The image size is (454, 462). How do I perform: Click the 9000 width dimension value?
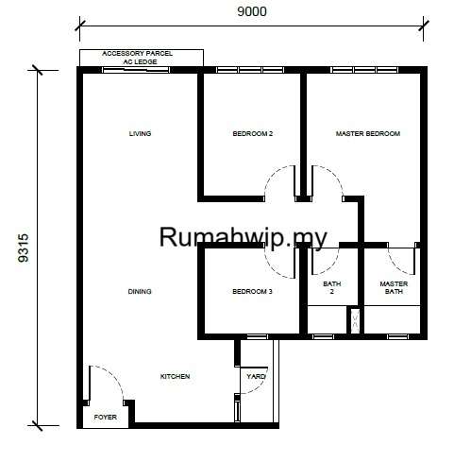coord(252,11)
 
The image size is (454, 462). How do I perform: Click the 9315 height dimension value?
coord(24,248)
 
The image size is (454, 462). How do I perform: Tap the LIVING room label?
coord(140,133)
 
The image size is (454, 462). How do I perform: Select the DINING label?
coord(140,291)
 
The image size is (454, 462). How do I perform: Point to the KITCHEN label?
coord(175,376)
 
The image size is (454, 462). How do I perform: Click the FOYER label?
coord(106,417)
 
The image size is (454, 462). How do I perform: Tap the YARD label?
coord(256,376)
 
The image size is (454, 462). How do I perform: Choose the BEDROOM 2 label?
coord(253,133)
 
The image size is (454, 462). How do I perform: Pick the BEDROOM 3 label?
coord(252,291)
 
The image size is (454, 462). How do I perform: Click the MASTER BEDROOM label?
coord(368,133)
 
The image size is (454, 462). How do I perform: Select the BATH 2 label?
coord(332,287)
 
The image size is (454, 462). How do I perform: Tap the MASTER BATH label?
coord(394,287)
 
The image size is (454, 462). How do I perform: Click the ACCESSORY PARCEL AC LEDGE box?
coord(142,58)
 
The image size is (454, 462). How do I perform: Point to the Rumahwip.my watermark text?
coord(244,237)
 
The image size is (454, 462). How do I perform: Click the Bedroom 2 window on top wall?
coord(250,70)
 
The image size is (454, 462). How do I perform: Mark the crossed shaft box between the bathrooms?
coord(355,319)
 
